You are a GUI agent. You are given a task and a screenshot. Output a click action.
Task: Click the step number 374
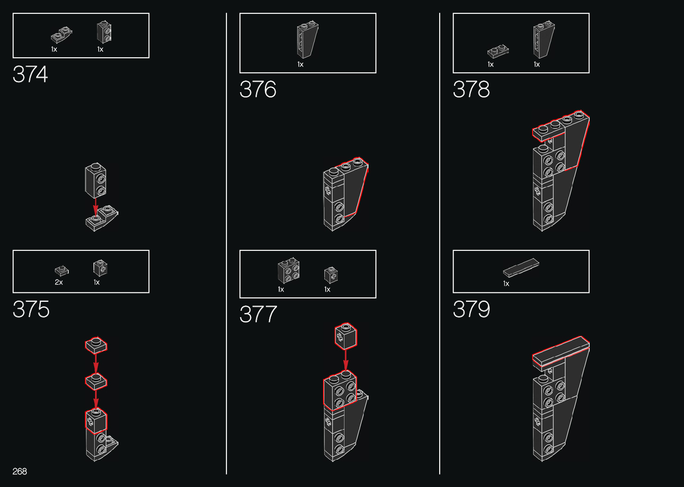point(30,75)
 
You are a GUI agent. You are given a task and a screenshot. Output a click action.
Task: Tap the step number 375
point(31,309)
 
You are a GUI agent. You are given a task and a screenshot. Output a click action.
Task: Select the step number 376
point(258,89)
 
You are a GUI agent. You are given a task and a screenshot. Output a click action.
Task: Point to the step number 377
point(258,314)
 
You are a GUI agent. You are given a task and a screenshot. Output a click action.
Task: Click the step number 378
point(471,89)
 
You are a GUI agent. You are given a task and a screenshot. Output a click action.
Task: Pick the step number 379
point(471,309)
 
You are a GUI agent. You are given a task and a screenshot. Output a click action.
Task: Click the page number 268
point(20,471)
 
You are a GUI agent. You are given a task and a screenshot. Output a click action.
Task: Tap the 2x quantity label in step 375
point(59,282)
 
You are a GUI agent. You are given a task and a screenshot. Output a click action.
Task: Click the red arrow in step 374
point(96,207)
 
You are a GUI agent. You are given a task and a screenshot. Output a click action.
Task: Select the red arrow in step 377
point(345,360)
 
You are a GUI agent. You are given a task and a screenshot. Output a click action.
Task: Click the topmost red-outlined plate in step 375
point(96,345)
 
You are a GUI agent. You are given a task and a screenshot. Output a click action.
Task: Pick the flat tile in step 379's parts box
point(521,267)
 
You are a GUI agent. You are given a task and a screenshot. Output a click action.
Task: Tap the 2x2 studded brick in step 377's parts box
point(289,271)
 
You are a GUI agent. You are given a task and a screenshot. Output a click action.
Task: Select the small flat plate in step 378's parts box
point(498,51)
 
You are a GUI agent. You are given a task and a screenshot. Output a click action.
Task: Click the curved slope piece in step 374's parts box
point(62,35)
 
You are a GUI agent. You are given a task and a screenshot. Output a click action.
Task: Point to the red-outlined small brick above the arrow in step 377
point(346,336)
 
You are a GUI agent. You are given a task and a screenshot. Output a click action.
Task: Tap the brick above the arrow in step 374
point(96,180)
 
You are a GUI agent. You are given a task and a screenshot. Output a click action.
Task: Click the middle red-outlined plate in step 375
point(96,381)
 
